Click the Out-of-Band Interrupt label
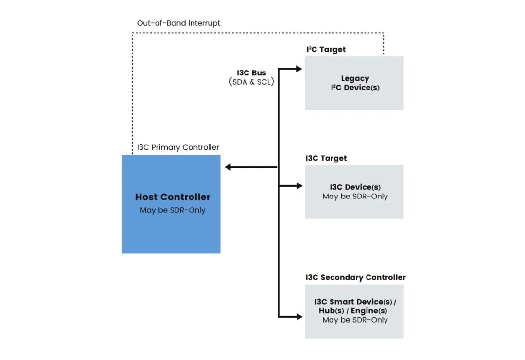(x=178, y=23)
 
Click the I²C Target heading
(x=326, y=49)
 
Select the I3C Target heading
(x=326, y=158)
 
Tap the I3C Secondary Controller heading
(x=355, y=277)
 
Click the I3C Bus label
(x=251, y=73)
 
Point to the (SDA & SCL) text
(x=251, y=82)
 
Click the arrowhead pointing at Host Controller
(x=228, y=167)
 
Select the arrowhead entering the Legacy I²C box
(x=299, y=69)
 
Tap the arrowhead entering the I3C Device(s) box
(x=299, y=185)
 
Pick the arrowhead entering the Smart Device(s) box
(x=299, y=317)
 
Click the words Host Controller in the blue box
(x=173, y=197)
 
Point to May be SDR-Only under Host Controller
(x=173, y=210)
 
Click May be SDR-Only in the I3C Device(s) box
(x=355, y=197)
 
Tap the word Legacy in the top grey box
(x=355, y=78)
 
